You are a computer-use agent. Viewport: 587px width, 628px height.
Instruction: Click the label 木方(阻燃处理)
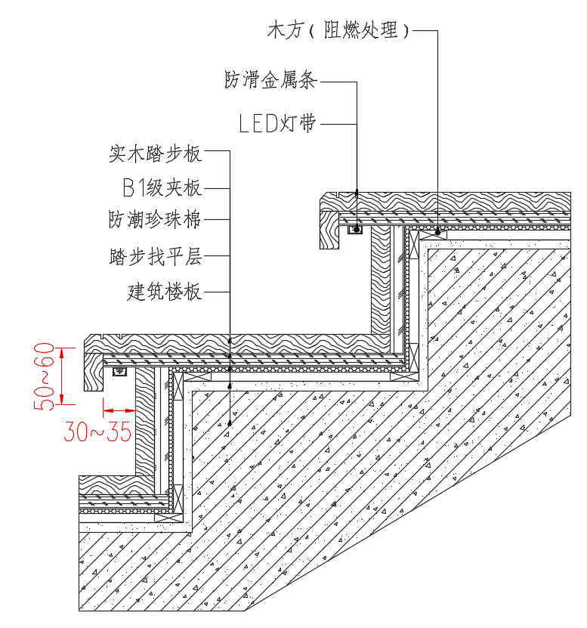coord(339,30)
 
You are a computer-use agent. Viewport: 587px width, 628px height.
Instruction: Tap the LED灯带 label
coord(277,124)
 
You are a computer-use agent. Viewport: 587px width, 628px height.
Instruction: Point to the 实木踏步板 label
coord(156,154)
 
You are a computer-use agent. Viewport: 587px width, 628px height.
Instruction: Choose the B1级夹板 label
coord(162,187)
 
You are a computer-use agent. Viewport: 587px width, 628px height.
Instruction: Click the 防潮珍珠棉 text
coord(156,219)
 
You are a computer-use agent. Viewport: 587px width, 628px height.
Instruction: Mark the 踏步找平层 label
coord(156,256)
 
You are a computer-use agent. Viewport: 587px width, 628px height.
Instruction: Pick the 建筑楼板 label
coord(165,291)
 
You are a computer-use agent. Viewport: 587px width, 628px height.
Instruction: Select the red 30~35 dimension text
coord(97,432)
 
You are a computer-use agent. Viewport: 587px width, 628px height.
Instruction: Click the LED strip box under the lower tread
coord(119,372)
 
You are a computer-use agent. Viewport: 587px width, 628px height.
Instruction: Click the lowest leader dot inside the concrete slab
coord(230,424)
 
